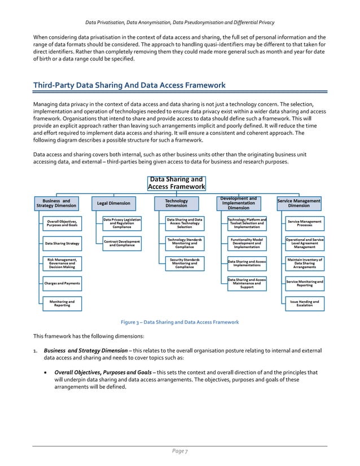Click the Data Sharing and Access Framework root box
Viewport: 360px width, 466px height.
click(x=176, y=183)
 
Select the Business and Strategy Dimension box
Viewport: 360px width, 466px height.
click(x=56, y=203)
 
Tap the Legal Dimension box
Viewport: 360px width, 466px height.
click(x=113, y=203)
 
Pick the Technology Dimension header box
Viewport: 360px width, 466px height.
click(x=176, y=203)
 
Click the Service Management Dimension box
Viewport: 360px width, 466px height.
click(x=299, y=203)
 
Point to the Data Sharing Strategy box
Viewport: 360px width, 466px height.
click(x=62, y=244)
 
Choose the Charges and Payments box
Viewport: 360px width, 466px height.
click(x=62, y=283)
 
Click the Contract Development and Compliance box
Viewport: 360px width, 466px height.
click(x=122, y=243)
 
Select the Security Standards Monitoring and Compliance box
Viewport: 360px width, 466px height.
click(x=184, y=263)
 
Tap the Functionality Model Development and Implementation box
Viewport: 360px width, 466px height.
click(x=247, y=243)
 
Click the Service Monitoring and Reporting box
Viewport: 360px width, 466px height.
click(x=305, y=283)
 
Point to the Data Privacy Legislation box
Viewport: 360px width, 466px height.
click(x=122, y=223)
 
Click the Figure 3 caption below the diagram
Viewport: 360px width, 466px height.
click(x=180, y=322)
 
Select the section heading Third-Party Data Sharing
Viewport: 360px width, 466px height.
click(x=129, y=85)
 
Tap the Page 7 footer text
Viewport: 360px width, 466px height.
click(x=179, y=451)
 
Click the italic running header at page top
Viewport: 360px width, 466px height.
click(x=179, y=22)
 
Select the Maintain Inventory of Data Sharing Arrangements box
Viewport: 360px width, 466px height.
click(x=305, y=263)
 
